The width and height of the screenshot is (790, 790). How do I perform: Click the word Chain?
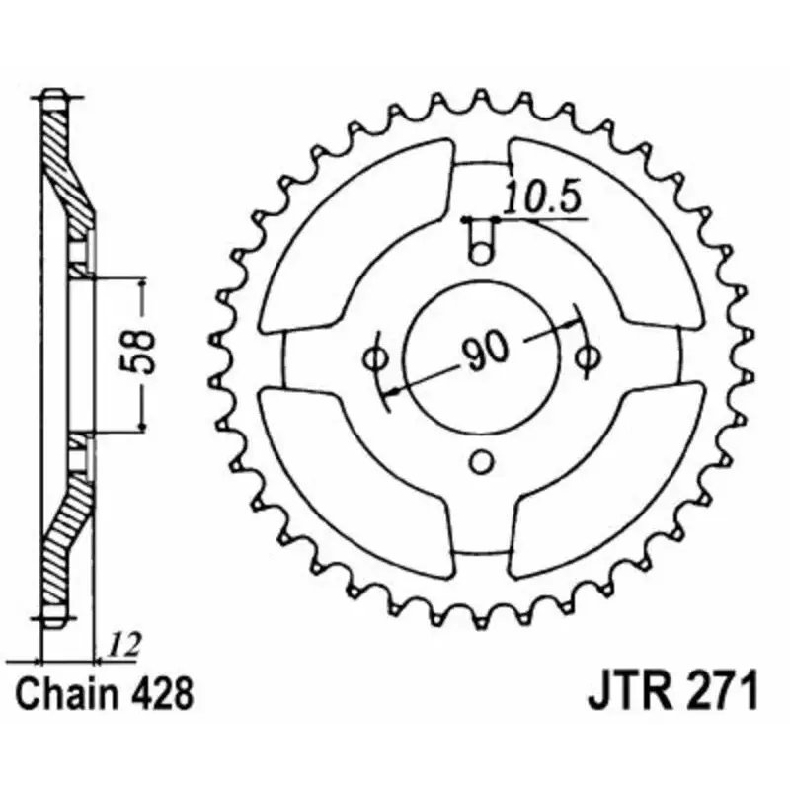(70, 691)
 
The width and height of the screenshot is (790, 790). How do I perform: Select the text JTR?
(625, 691)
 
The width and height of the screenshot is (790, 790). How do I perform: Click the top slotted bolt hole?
(481, 243)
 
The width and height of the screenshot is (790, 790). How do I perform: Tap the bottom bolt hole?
(481, 461)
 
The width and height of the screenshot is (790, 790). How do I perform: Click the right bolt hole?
(590, 356)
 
